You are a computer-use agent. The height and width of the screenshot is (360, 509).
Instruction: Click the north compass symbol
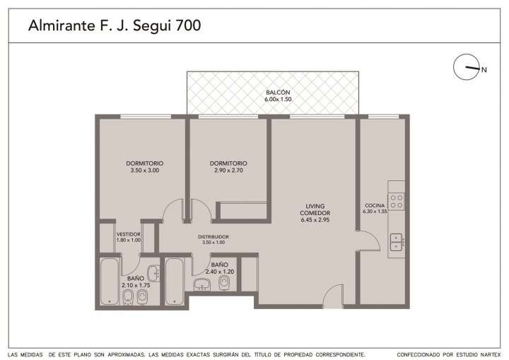pos(467,67)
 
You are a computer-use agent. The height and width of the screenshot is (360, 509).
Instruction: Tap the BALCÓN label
pos(278,92)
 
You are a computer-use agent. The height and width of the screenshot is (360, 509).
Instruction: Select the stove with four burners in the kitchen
pos(397,201)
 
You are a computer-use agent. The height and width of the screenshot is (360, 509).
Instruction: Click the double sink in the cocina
pos(397,243)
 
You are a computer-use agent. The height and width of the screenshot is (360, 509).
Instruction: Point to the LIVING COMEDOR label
pos(315,209)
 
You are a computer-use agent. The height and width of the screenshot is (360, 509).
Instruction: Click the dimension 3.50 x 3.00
pos(145,170)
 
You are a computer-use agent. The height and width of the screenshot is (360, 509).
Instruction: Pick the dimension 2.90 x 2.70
pos(228,170)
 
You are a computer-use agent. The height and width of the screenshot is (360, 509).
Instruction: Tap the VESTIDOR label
pos(129,234)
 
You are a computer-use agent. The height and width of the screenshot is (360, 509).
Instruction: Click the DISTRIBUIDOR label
pos(213,237)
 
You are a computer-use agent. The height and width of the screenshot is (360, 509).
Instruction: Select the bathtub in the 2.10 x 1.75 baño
pos(110,281)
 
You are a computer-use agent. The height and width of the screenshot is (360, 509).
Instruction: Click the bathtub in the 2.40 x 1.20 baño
pos(175,281)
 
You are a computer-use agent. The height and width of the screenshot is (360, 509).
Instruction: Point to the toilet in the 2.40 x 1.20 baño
pos(223,283)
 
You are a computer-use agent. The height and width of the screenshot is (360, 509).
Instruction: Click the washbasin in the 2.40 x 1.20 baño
pos(203,284)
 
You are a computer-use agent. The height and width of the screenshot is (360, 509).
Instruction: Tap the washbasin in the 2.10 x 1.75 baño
pos(153,274)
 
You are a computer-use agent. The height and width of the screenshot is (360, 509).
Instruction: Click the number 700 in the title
pos(188,25)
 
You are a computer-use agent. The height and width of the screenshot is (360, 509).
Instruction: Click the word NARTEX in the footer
pos(490,354)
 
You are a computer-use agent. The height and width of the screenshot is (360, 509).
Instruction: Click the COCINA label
pos(375,205)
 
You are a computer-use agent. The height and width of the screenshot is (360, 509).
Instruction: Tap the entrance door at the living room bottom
pos(334,296)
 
